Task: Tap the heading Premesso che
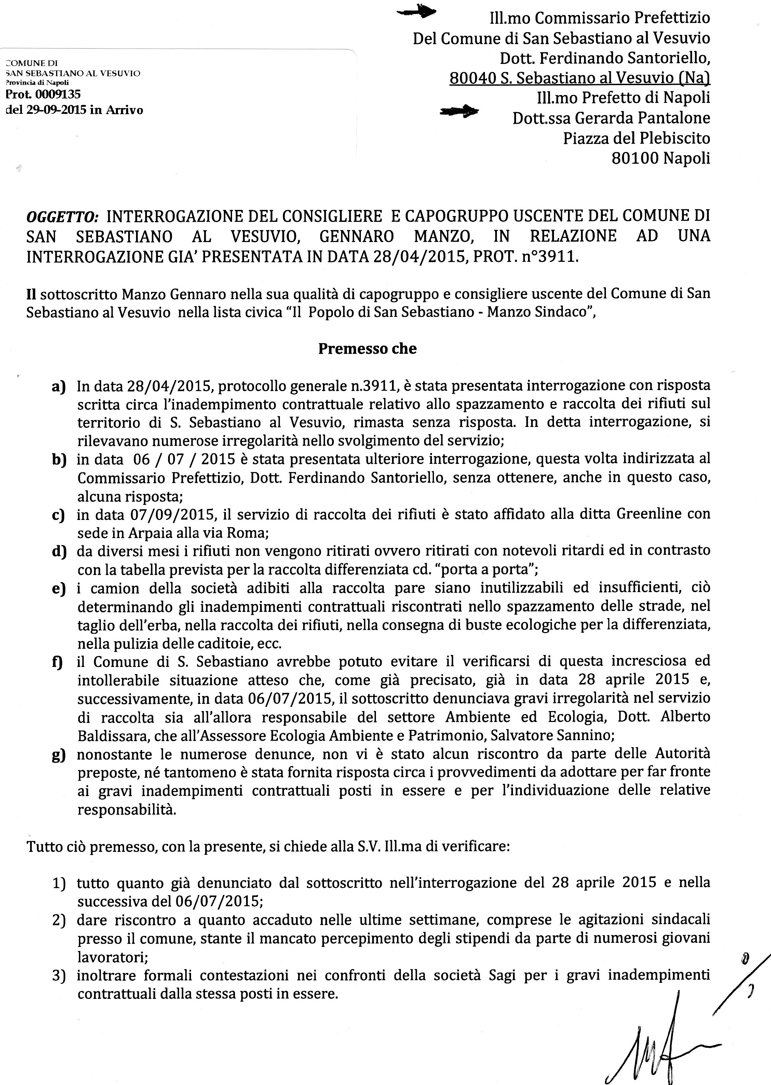367,349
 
